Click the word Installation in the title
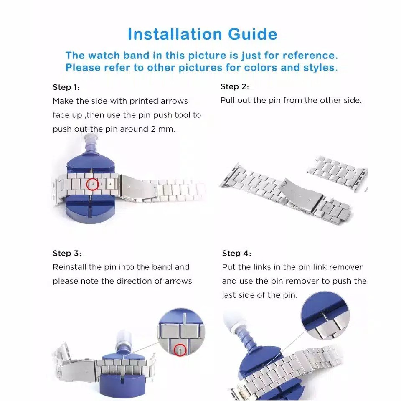tap(175, 34)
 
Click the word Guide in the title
tap(252, 34)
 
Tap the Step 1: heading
tap(66, 87)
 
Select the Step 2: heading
tap(234, 87)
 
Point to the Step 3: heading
tap(67, 254)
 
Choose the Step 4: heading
tap(236, 254)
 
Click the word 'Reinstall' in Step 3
tap(70, 267)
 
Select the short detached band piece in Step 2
tap(337, 170)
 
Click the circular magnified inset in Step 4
tap(325, 316)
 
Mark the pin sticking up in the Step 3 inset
tap(185, 319)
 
